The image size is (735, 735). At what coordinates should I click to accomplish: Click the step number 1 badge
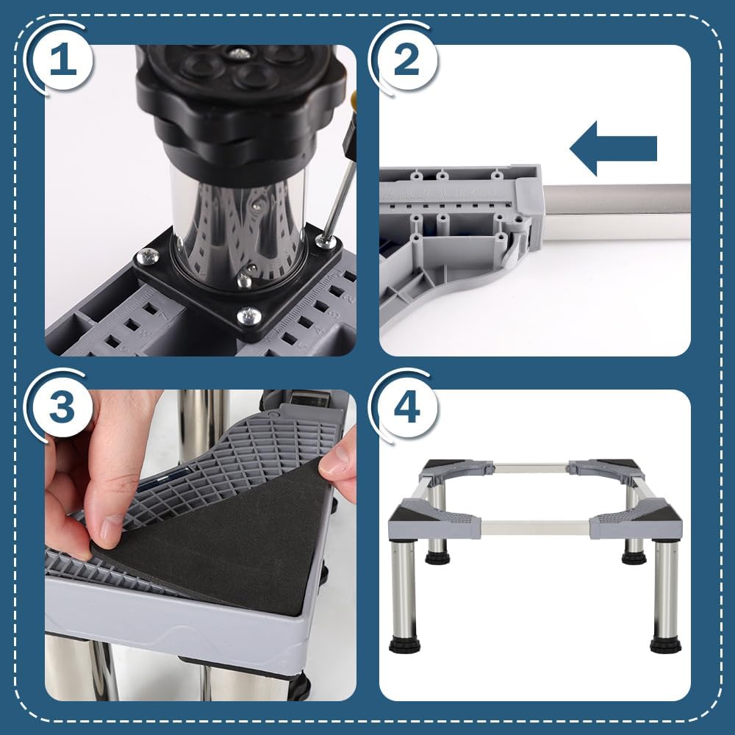point(63,60)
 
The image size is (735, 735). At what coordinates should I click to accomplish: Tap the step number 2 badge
point(406,60)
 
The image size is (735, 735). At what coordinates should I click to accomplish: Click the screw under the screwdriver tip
point(322,240)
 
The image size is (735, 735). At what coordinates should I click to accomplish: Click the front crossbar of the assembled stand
point(535,527)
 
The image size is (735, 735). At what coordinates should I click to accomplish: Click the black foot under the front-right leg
point(666,645)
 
